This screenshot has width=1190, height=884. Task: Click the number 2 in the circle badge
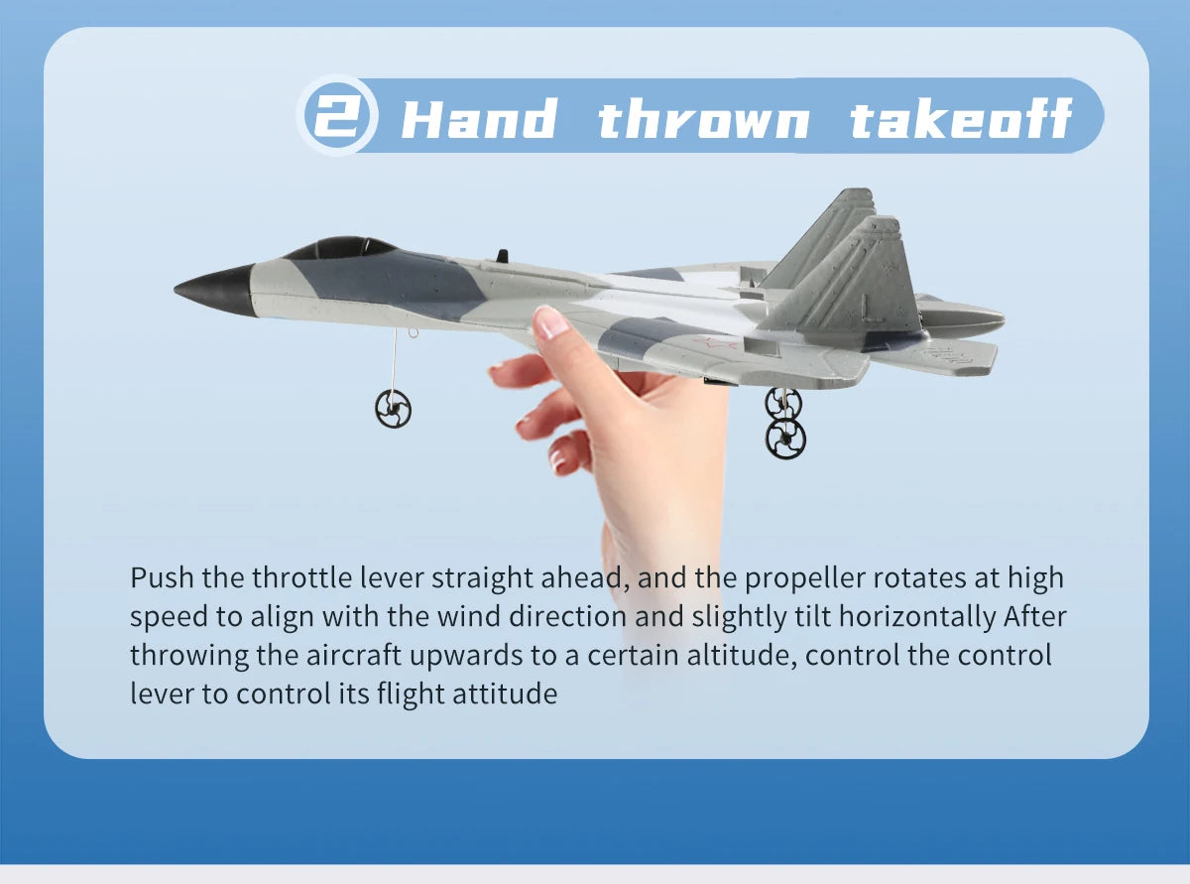pyautogui.click(x=337, y=116)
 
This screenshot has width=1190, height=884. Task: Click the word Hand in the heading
pyautogui.click(x=479, y=119)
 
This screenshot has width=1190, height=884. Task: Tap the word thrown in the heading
pyautogui.click(x=703, y=119)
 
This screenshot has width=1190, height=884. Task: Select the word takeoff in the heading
pyautogui.click(x=961, y=119)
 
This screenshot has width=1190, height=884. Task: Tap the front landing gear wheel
pyautogui.click(x=393, y=408)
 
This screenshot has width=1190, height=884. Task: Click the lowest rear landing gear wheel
pyautogui.click(x=785, y=438)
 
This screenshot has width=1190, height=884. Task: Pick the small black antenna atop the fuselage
pyautogui.click(x=502, y=256)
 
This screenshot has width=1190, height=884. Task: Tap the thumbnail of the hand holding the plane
pyautogui.click(x=550, y=322)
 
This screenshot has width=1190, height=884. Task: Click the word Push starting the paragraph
pyautogui.click(x=162, y=577)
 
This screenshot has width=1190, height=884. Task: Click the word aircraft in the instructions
pyautogui.click(x=360, y=655)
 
